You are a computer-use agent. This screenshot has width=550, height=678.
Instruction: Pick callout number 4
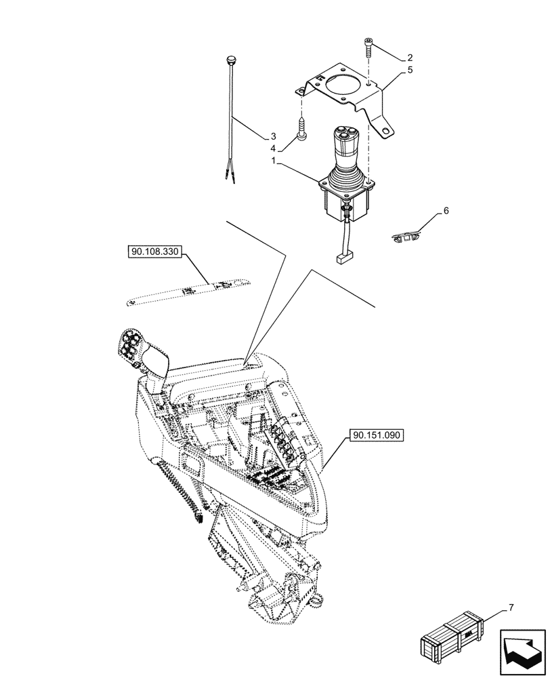point(273,148)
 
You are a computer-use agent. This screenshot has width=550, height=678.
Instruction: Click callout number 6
point(446,212)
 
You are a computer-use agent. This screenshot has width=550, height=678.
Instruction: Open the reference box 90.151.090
point(377,435)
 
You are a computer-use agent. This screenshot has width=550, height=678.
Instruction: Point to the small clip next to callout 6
point(405,237)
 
